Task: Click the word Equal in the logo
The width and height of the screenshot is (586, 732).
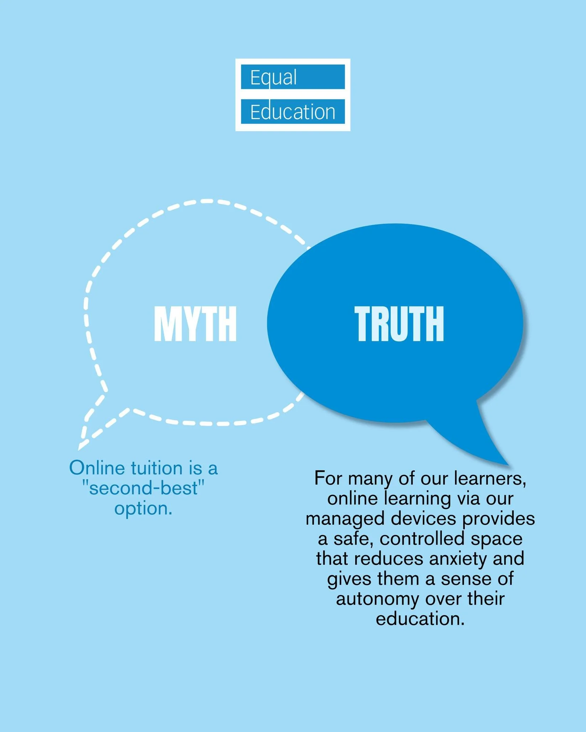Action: [273, 78]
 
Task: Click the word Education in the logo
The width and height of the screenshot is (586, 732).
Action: [293, 112]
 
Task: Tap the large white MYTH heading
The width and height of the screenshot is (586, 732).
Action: [195, 324]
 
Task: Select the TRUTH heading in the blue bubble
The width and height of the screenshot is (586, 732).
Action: [399, 324]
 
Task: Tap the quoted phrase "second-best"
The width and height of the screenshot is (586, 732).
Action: [143, 488]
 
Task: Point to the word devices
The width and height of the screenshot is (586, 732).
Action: [423, 519]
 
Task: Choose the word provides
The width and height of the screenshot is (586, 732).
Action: [498, 519]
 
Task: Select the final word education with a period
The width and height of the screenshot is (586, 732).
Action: [420, 619]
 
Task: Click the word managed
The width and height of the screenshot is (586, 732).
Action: [345, 519]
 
